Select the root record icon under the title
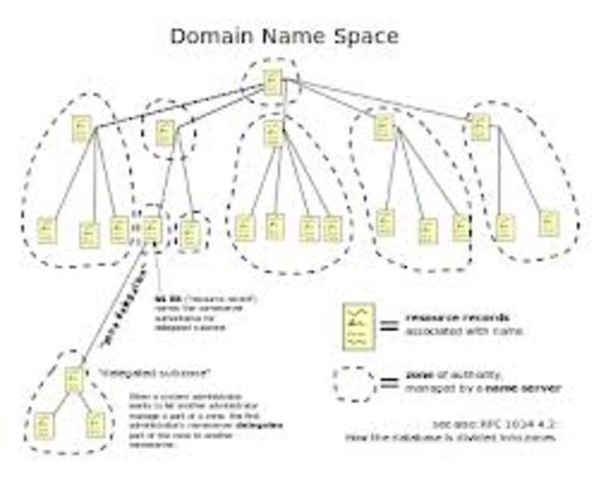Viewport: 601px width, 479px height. point(273,83)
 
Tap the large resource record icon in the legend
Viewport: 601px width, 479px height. point(356,326)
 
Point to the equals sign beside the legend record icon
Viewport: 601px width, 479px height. point(390,325)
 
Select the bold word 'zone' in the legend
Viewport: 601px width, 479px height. point(418,373)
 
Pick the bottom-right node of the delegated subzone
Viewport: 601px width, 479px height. point(95,424)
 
